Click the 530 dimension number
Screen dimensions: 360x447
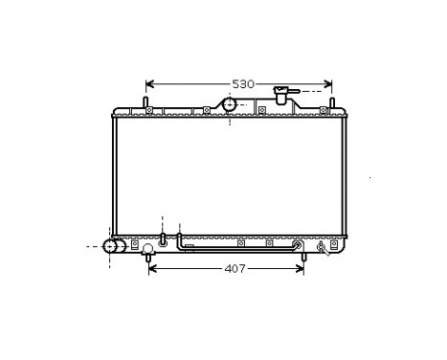point(243,84)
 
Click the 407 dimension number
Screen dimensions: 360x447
point(235,269)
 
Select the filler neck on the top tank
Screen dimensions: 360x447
point(281,96)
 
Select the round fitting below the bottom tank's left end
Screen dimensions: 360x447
point(147,251)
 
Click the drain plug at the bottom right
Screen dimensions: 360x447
point(322,251)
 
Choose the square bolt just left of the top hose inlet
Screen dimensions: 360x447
point(206,111)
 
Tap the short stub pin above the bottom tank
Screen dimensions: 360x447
point(163,235)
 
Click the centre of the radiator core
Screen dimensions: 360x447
point(226,176)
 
